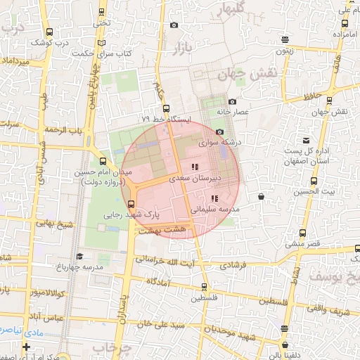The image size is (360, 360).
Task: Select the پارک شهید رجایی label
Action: tap(132, 215)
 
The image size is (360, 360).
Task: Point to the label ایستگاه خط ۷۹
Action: tap(166, 120)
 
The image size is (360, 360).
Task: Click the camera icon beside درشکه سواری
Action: tap(220, 131)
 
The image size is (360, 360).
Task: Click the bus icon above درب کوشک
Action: tap(48, 32)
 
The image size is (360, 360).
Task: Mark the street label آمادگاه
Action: tap(163, 281)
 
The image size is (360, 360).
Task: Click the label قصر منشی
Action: tap(302, 243)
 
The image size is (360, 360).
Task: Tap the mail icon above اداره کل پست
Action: tap(306, 140)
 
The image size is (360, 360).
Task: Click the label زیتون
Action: tap(285, 51)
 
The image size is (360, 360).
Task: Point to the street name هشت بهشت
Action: tap(162, 230)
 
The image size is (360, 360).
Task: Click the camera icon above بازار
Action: tap(174, 26)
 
